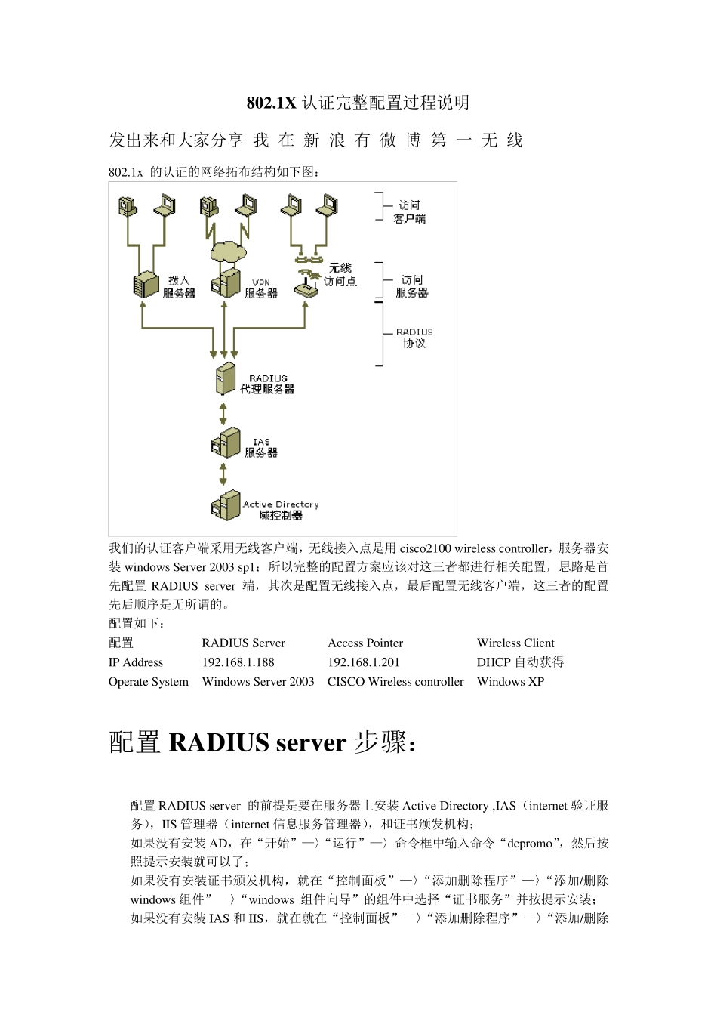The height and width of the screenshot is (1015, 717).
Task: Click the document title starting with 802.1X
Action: click(x=358, y=103)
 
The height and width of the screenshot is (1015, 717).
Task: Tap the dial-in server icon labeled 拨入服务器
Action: click(x=146, y=285)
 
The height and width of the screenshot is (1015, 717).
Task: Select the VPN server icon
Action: click(x=226, y=284)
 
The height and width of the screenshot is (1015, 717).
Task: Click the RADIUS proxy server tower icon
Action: click(x=225, y=379)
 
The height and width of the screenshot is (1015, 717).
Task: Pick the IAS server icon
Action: click(x=224, y=444)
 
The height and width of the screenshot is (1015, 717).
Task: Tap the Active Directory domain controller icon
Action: click(x=225, y=504)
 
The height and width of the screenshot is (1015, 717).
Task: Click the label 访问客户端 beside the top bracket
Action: click(x=409, y=211)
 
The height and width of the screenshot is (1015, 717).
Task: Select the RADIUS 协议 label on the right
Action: click(x=414, y=338)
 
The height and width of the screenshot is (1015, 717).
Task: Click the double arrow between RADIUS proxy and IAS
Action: click(x=223, y=413)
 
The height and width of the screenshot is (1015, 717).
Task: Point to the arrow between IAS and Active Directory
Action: click(x=223, y=474)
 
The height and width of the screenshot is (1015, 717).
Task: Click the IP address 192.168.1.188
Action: click(x=238, y=662)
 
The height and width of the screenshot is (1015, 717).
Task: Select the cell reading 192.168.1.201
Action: click(x=363, y=662)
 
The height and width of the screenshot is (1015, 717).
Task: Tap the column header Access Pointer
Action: click(x=365, y=643)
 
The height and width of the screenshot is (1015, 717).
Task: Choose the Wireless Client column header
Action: click(x=515, y=643)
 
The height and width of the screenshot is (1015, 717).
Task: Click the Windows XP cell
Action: click(x=510, y=682)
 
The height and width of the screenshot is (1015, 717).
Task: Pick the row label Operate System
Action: click(x=149, y=682)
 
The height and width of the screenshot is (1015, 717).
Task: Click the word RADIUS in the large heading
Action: click(x=219, y=742)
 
